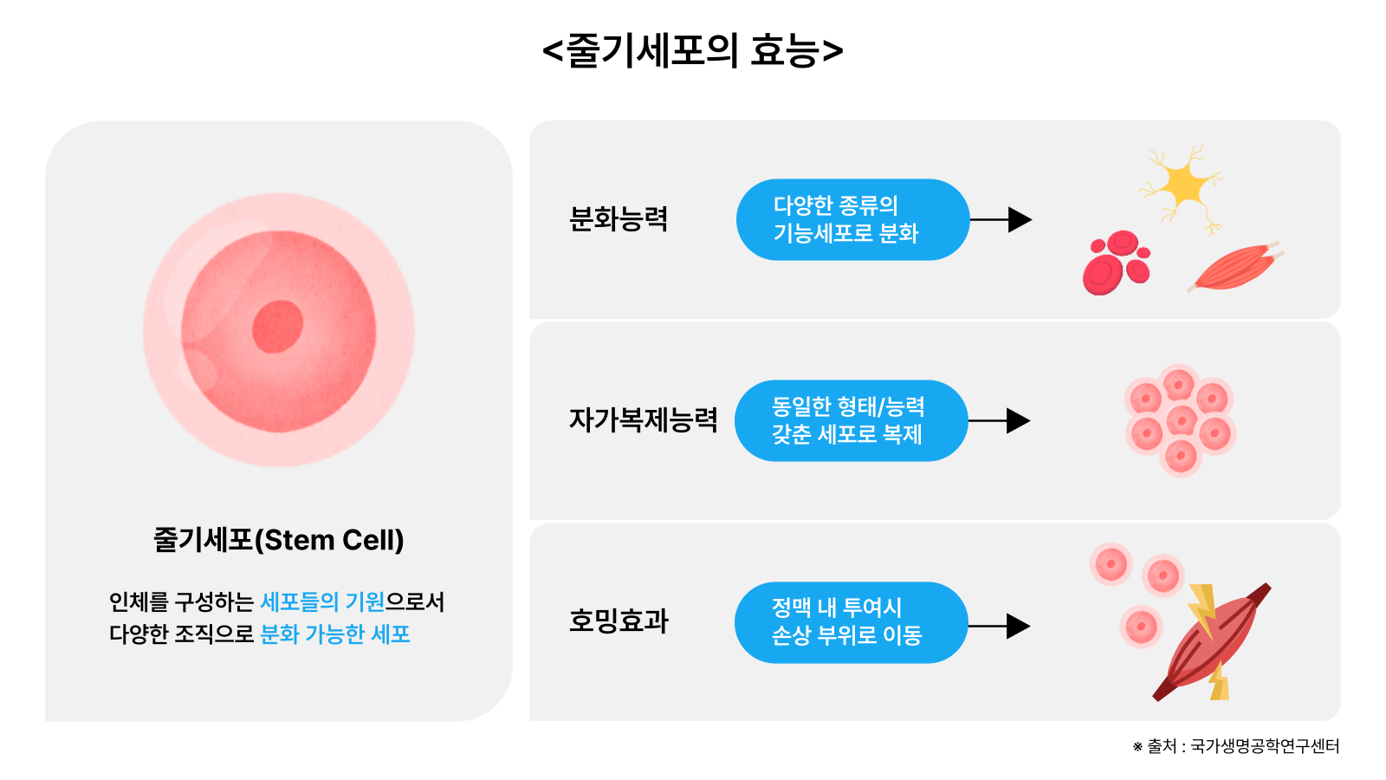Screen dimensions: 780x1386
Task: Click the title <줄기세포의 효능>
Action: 692,50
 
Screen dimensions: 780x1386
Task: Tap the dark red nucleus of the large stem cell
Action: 278,327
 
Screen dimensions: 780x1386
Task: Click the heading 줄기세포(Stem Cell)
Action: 278,540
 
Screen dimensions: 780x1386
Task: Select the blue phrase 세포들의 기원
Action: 322,601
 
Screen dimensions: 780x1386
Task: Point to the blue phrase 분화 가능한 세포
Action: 335,634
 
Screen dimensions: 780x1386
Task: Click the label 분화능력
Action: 619,219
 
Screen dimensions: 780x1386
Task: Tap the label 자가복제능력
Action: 643,420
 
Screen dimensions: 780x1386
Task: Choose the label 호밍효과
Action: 619,621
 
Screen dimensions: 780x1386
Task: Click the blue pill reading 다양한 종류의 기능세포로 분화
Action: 852,219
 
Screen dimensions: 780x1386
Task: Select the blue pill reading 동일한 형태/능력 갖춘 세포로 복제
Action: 851,420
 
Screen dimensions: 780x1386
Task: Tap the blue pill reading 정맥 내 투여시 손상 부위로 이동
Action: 851,622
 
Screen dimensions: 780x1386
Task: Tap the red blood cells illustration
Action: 1116,262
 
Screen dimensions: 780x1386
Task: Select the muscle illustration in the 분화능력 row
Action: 1234,266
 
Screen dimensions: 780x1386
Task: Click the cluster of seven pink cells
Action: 1180,420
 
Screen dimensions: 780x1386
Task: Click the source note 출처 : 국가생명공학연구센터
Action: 1236,746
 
